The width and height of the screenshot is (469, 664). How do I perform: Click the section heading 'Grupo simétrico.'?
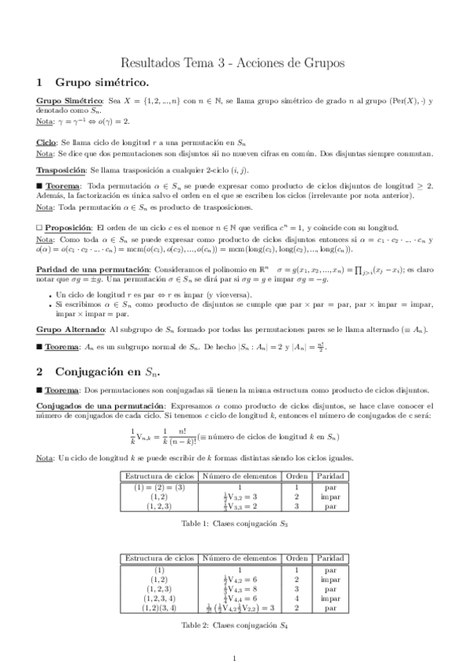pos(101,82)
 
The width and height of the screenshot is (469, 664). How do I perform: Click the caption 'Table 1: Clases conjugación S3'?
pos(234,522)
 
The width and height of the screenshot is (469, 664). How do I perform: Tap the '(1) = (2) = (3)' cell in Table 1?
pos(159,487)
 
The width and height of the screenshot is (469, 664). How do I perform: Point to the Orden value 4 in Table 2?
pos(297,598)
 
